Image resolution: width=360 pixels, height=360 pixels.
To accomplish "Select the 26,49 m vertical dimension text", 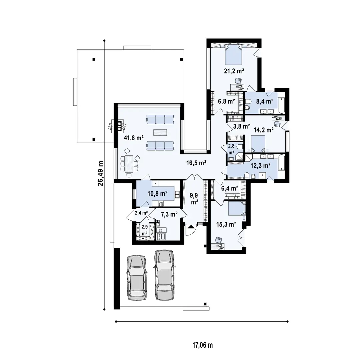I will click(101, 174).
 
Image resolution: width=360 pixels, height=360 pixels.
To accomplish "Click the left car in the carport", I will click(137, 277).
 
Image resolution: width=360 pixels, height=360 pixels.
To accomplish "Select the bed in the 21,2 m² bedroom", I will click(232, 54).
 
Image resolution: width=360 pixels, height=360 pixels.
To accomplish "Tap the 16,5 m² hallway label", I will click(196, 163).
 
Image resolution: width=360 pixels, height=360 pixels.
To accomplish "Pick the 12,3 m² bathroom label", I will click(260, 165).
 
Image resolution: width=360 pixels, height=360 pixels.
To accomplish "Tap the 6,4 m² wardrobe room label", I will click(230, 189).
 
